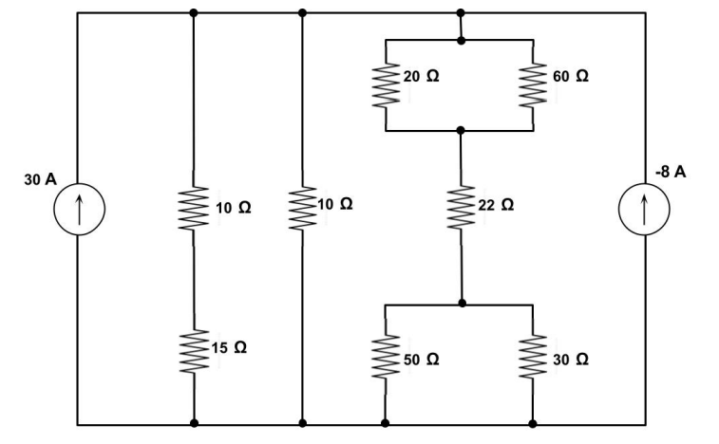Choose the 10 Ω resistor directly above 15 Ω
coord(194,207)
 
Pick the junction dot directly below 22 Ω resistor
coord(461,304)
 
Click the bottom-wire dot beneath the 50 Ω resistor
coord(386,423)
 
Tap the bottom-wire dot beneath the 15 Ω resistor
coord(194,423)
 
